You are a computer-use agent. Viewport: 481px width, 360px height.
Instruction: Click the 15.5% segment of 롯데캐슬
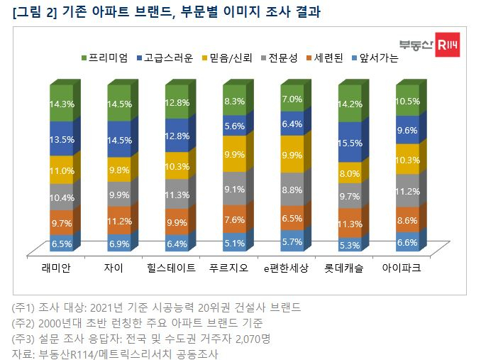pos(350,143)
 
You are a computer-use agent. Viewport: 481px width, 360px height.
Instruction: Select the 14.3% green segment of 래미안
pos(61,103)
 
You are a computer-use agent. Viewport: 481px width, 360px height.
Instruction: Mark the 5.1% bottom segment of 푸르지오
pos(235,243)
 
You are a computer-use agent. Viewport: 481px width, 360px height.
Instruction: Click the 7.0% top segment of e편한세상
pos(292,99)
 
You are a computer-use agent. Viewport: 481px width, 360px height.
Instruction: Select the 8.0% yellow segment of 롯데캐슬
pos(350,174)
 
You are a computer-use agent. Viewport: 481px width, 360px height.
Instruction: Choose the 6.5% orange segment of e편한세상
pos(292,219)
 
